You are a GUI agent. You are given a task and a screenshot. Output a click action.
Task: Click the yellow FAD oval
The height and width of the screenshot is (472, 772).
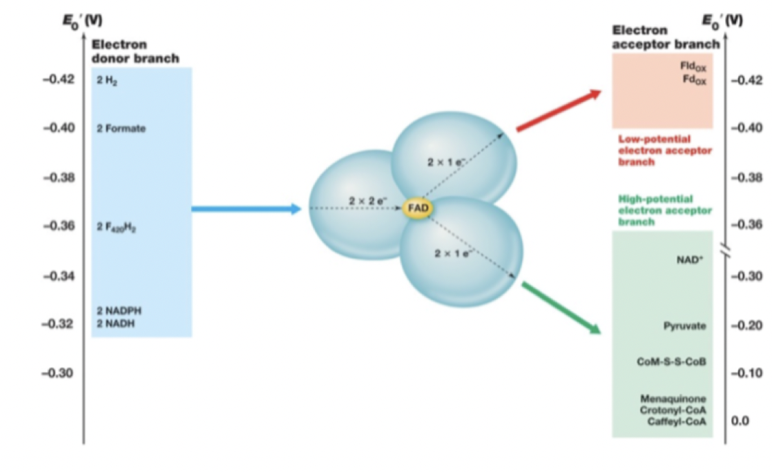pyautogui.click(x=416, y=208)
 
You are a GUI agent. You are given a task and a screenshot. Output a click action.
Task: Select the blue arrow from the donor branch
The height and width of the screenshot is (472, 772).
pyautogui.click(x=246, y=208)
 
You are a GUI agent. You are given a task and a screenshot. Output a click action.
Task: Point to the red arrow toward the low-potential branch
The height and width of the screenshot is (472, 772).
pyautogui.click(x=559, y=110)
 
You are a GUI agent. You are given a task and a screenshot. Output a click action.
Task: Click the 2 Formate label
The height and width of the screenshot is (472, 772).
pyautogui.click(x=121, y=128)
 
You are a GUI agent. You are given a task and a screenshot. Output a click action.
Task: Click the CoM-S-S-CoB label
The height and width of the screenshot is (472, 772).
pyautogui.click(x=672, y=362)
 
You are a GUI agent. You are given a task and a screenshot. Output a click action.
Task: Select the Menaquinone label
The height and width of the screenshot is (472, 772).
pyautogui.click(x=673, y=398)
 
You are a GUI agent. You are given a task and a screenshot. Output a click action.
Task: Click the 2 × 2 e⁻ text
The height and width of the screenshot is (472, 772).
pyautogui.click(x=368, y=201)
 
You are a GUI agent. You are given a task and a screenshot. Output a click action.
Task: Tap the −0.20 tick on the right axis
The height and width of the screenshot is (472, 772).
pyautogui.click(x=746, y=326)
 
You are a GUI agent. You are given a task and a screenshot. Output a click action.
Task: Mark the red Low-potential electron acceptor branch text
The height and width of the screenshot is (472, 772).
pyautogui.click(x=664, y=150)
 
